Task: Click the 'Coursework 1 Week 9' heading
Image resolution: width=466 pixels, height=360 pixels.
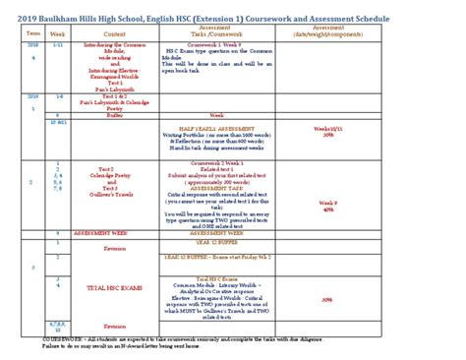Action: [x=216, y=44]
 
